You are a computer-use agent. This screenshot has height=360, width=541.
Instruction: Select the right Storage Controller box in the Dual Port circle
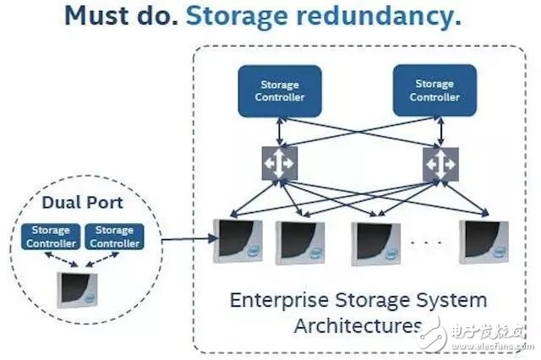(114, 236)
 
